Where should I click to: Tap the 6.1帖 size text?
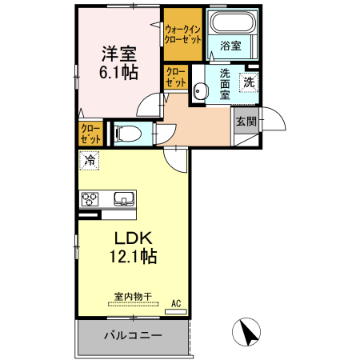(118, 72)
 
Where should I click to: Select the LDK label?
(132, 238)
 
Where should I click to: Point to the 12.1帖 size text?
(132, 257)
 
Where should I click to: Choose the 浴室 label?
(230, 46)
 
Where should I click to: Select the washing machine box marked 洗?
(250, 81)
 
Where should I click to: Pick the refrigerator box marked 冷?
(90, 160)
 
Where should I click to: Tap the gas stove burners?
(87, 199)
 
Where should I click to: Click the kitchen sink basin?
(125, 198)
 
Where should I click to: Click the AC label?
(178, 304)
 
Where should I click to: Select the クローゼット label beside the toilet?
(90, 132)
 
